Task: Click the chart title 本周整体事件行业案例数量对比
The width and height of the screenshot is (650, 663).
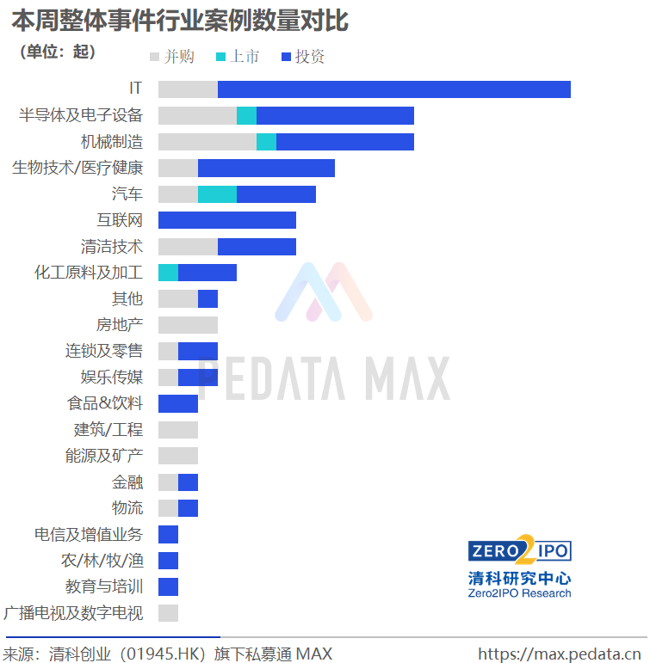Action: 180,20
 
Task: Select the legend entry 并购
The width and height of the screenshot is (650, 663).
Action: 172,57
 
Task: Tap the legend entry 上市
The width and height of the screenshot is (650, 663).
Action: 238,57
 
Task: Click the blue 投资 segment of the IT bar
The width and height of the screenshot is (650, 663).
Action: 393,89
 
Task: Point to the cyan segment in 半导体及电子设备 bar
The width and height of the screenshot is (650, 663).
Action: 246,115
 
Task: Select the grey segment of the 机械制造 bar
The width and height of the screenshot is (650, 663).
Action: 207,142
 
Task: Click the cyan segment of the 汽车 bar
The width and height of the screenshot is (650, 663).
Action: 217,194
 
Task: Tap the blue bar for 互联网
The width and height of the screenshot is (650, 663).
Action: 226,220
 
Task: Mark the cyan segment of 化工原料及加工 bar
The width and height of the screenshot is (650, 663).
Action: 168,273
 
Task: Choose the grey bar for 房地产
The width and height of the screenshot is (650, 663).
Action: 188,325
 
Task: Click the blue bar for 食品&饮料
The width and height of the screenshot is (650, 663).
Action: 177,403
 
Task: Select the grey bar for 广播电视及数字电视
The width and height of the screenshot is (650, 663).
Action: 168,613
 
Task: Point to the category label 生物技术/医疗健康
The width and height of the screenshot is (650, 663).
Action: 77,168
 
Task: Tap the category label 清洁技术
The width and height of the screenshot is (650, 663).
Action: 112,247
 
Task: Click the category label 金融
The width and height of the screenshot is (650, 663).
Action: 127,482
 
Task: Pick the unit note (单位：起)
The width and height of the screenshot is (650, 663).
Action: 57,52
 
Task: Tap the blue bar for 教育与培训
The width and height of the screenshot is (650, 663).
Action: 168,587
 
